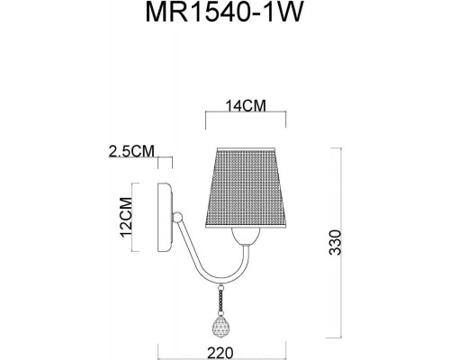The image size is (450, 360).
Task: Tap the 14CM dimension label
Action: pos(246,104)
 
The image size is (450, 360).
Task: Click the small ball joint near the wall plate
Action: pos(179,218)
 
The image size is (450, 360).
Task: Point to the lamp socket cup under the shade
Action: pos(246,238)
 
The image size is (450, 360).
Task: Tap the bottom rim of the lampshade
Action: pos(246,228)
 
